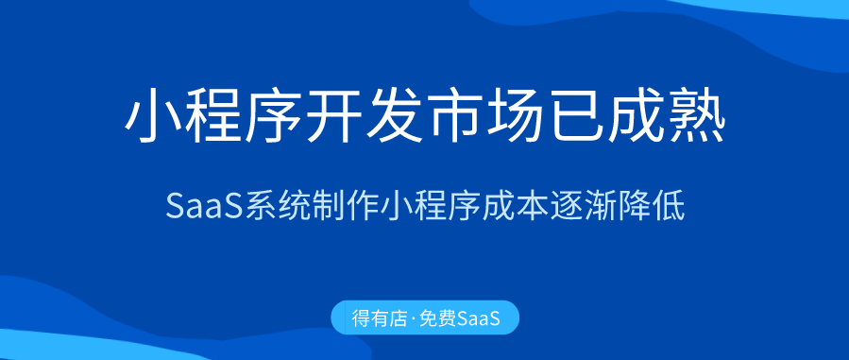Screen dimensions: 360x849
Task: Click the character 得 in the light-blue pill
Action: click(362, 317)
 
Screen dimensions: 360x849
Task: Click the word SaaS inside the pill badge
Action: click(478, 317)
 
